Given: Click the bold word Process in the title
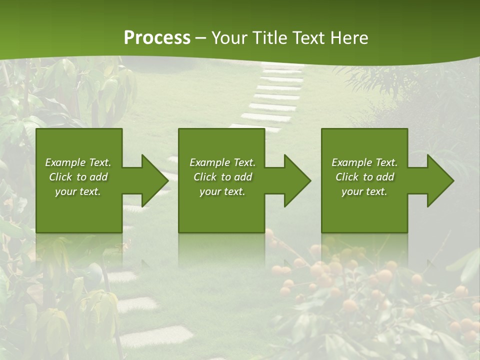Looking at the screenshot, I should (x=157, y=38).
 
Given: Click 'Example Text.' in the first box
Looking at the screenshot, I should (x=78, y=162).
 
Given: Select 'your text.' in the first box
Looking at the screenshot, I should (x=78, y=191).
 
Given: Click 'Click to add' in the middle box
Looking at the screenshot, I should (x=222, y=177).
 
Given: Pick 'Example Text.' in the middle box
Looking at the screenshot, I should (x=222, y=162).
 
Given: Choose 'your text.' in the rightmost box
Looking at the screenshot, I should (x=364, y=191).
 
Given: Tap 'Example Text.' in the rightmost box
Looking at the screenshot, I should (x=364, y=162).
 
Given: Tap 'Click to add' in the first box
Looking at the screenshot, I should (x=78, y=177).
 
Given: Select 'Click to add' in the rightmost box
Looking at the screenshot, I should (x=364, y=177).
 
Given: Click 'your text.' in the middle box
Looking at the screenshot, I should (x=222, y=191).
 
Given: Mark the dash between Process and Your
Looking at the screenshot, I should (x=201, y=38).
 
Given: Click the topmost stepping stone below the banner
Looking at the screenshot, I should (x=283, y=66).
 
